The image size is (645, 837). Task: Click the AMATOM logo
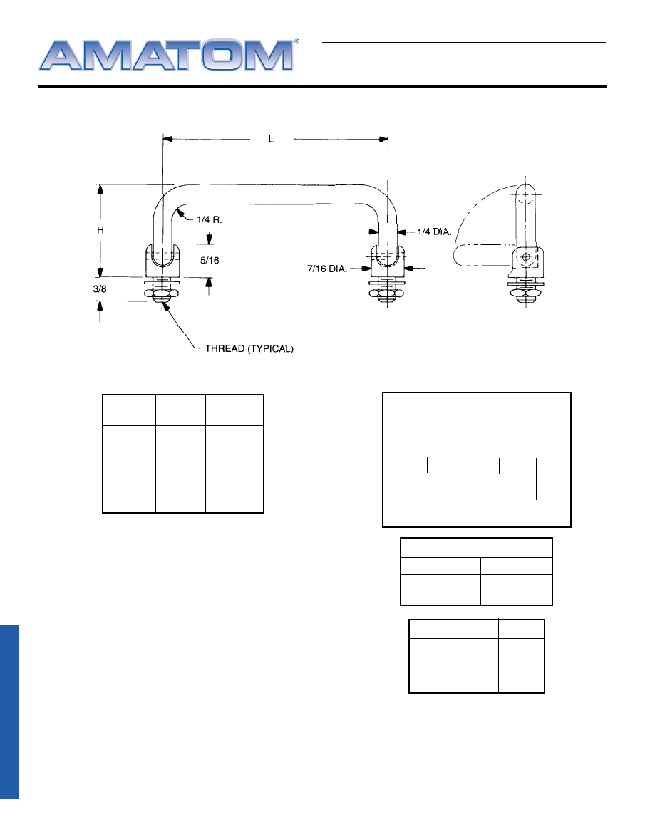click(166, 55)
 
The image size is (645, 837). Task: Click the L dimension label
click(271, 140)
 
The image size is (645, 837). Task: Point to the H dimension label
click(100, 230)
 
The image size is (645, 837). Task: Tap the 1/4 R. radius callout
click(210, 219)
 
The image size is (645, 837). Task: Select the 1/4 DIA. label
click(434, 232)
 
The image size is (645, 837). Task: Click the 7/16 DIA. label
click(326, 269)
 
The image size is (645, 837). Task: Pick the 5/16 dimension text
click(210, 261)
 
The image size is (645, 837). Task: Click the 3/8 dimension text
click(100, 288)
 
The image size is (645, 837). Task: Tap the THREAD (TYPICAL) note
click(249, 348)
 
